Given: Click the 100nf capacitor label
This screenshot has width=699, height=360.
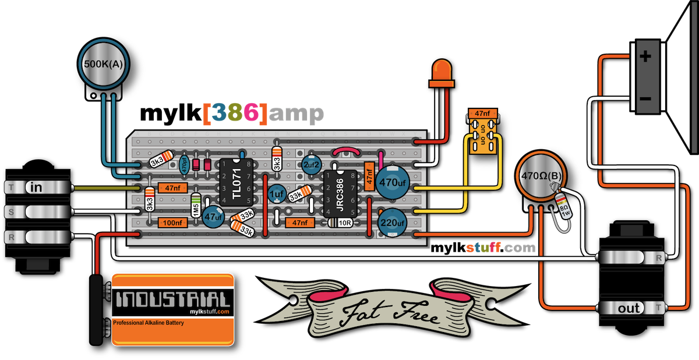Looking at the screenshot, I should point(172,221).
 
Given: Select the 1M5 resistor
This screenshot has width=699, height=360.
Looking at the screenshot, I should point(196,206).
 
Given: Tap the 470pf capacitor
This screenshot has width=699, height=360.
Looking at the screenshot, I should point(184,164).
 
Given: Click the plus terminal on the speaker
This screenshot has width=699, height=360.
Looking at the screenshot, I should point(645,57).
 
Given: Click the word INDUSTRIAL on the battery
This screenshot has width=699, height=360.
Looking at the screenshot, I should point(172,301).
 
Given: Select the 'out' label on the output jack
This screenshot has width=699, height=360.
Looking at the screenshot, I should point(629,309).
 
